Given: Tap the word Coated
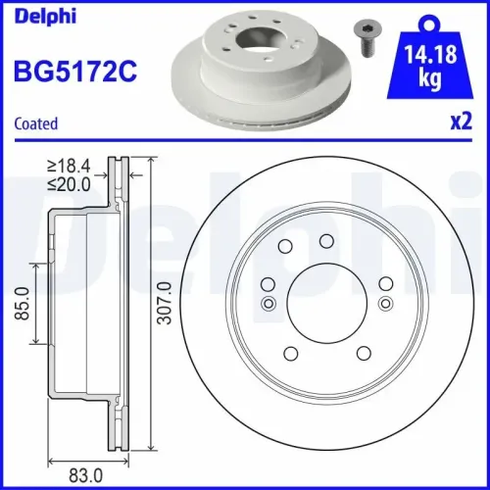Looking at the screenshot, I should (34, 123).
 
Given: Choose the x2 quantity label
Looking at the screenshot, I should (461, 123).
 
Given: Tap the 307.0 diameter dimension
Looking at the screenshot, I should (166, 307).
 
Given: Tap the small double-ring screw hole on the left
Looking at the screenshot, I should (268, 304).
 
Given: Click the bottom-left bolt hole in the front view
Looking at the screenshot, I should (289, 352).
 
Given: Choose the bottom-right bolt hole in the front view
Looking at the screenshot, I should (363, 352).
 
